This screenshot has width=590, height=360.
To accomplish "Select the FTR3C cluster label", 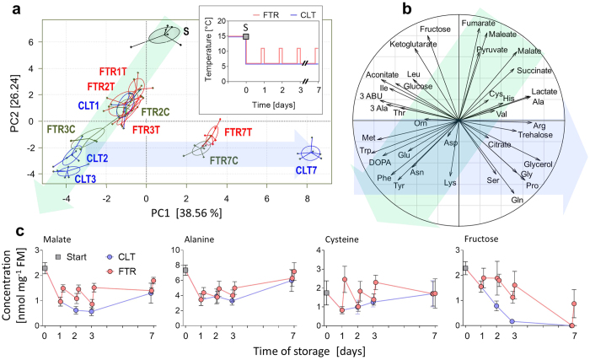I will [x=60, y=129].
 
